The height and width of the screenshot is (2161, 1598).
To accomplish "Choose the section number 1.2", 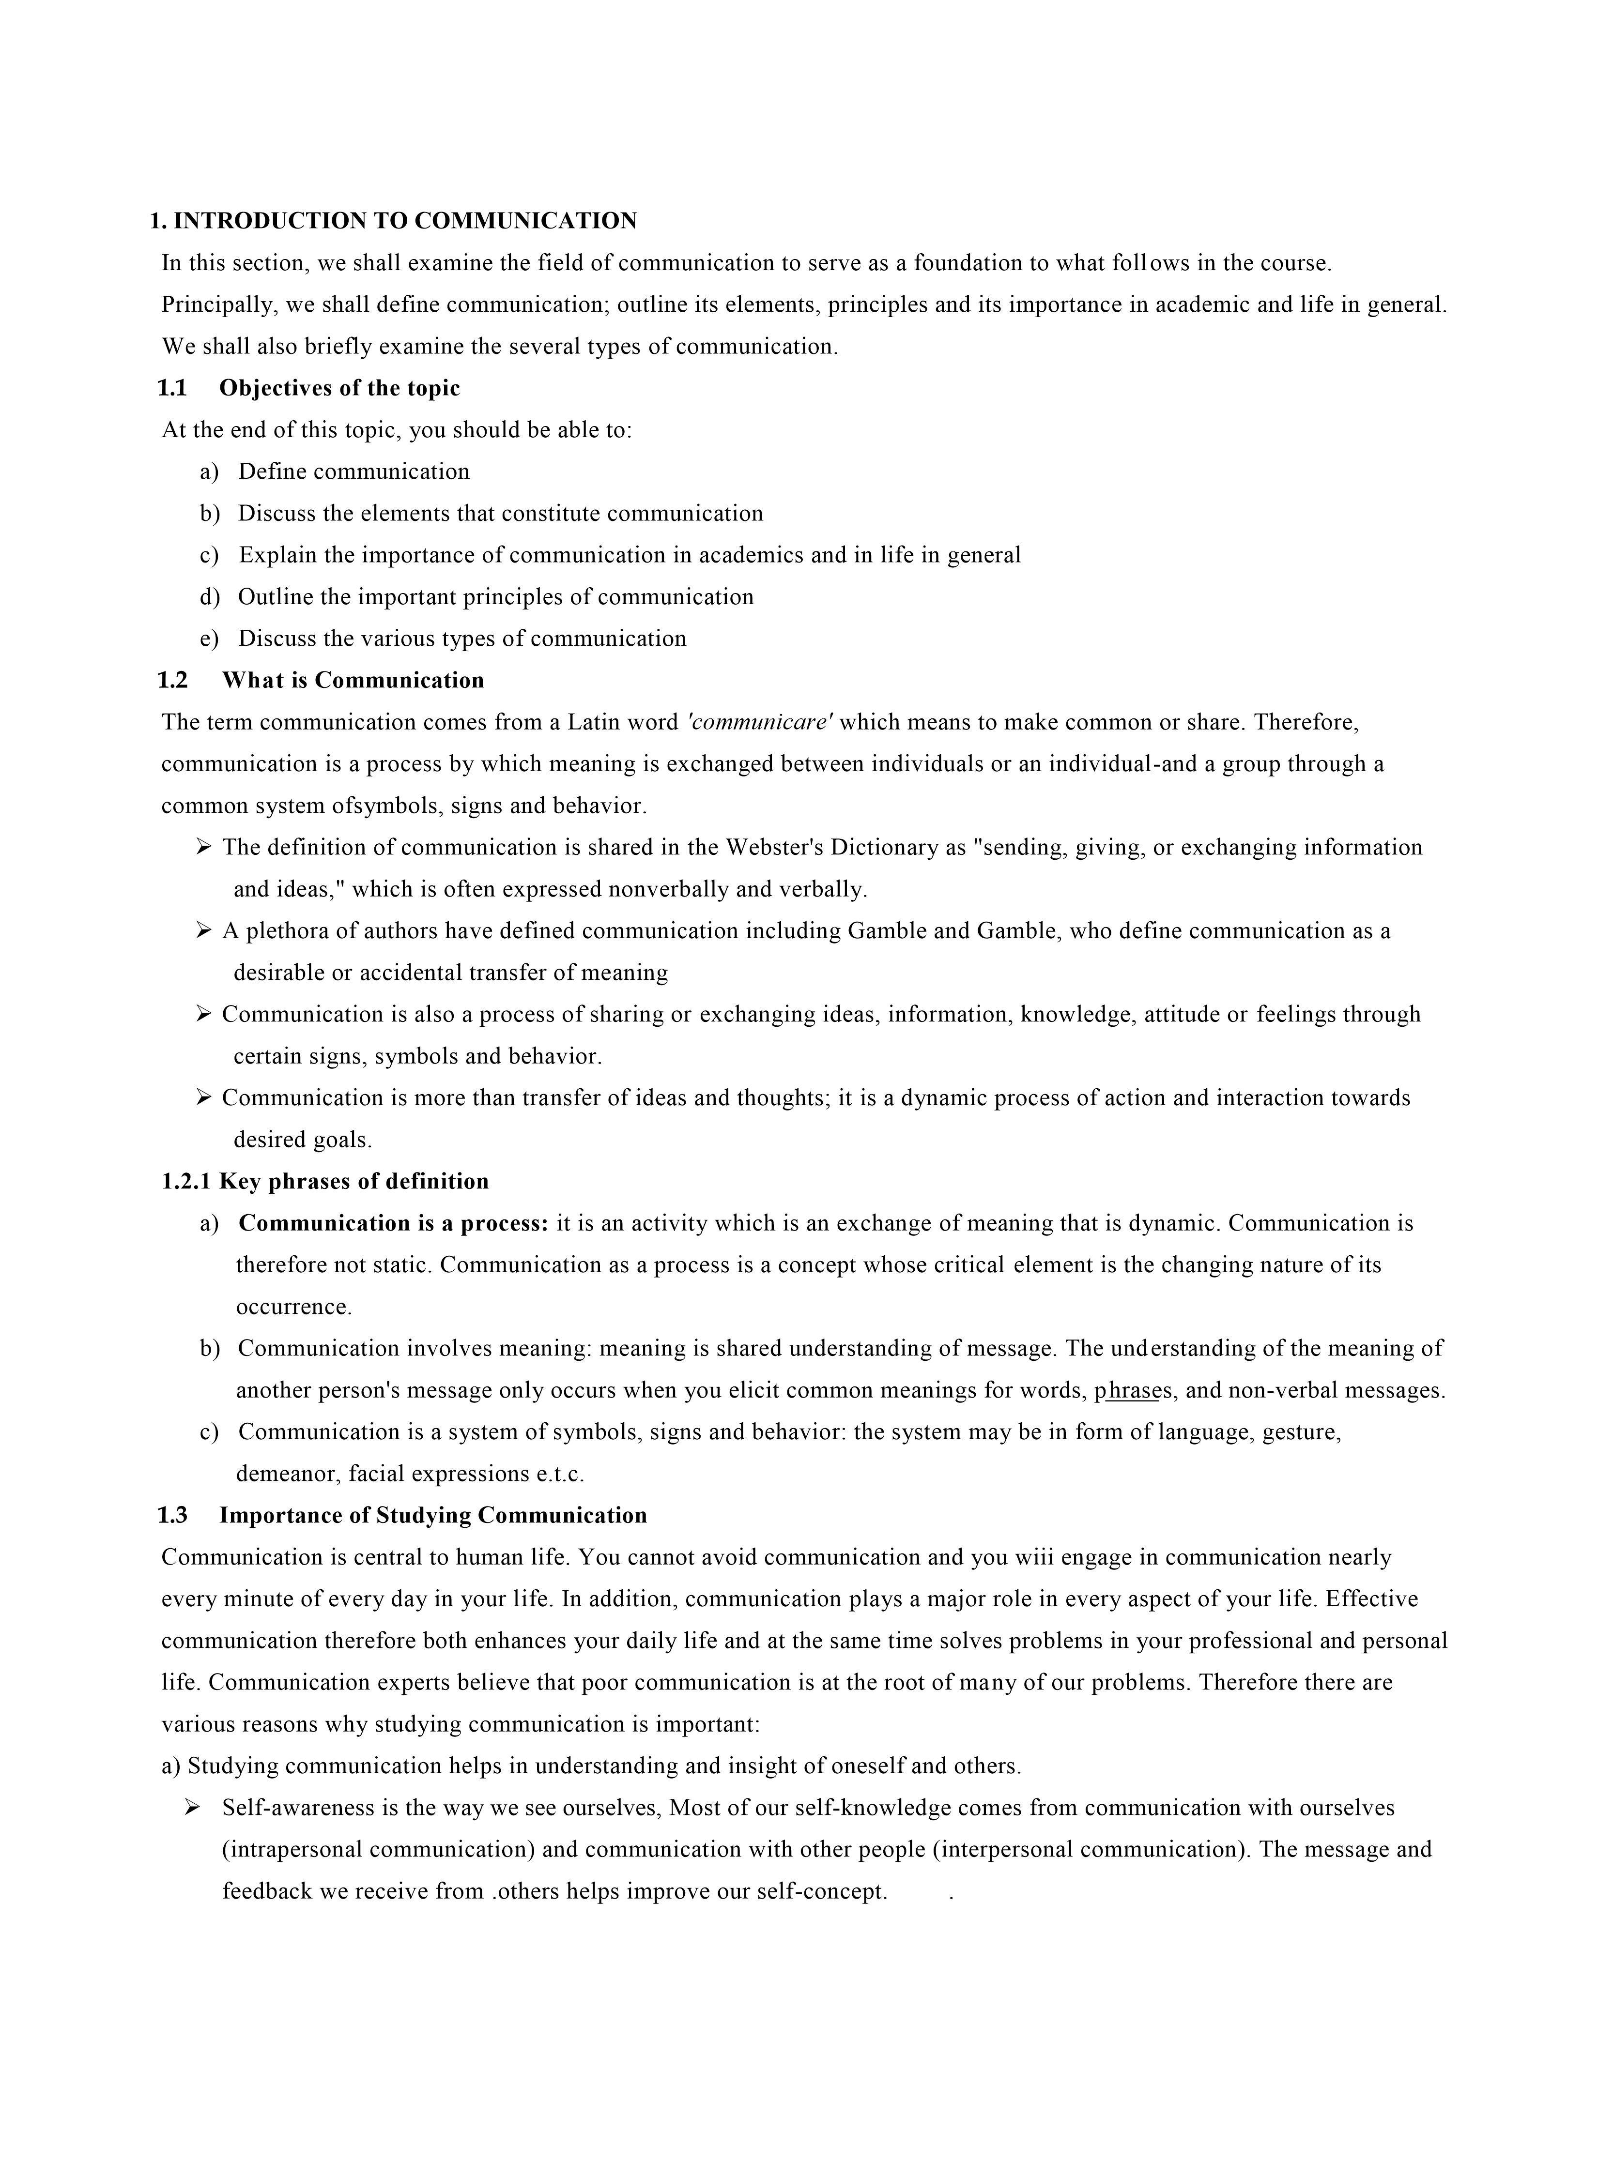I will tap(172, 681).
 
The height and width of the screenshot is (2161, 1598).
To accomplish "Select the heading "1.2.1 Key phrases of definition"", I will tap(325, 1182).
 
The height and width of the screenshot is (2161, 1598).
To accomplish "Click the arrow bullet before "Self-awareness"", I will tap(193, 1807).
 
